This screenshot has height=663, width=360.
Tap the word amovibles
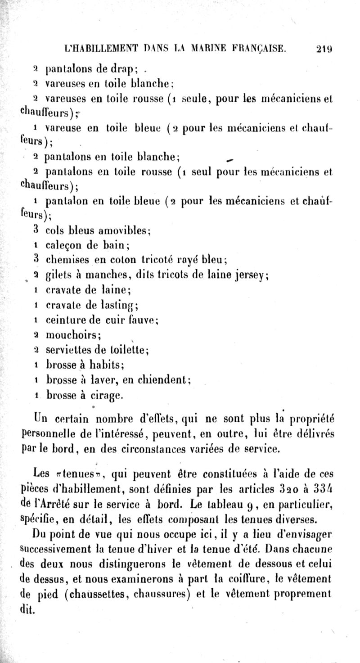coord(126,232)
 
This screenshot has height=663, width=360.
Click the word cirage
coord(106,396)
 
